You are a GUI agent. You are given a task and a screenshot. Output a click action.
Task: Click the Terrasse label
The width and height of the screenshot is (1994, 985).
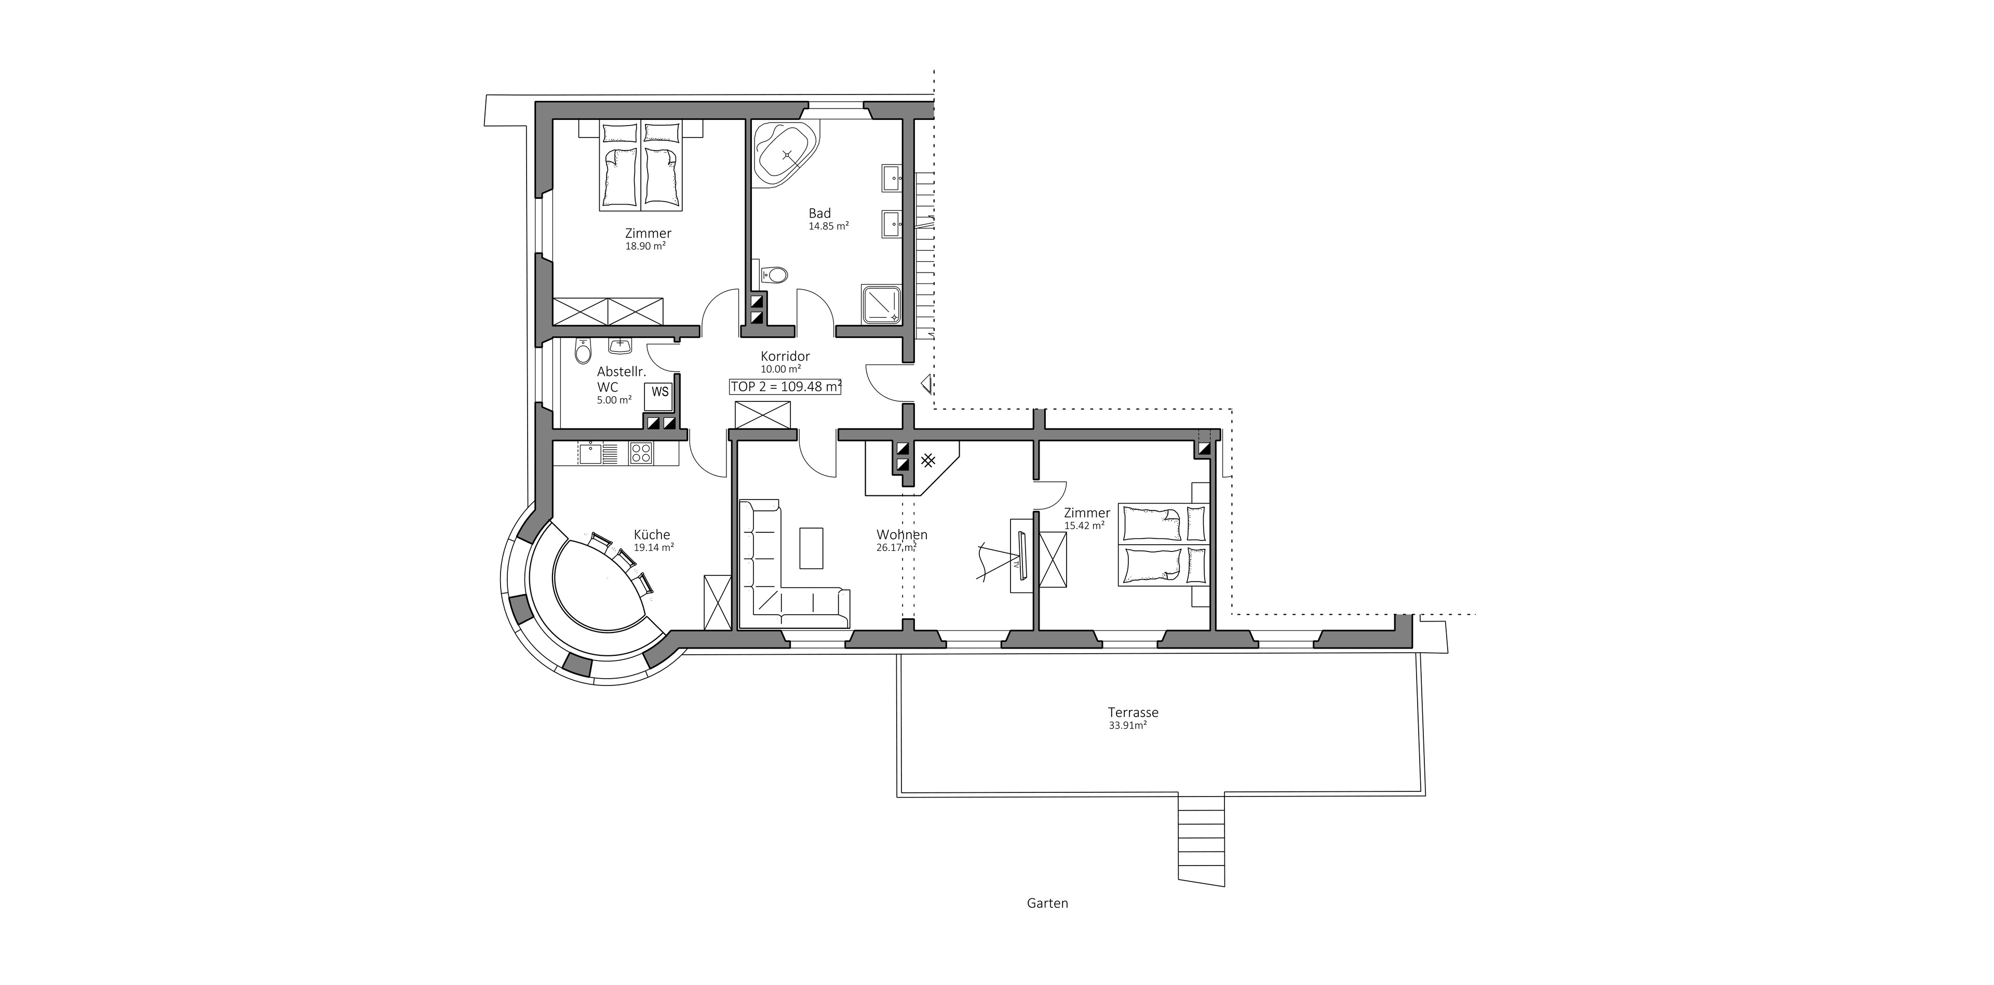1133,712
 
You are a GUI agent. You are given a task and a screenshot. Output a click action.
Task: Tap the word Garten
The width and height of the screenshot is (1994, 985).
1047,903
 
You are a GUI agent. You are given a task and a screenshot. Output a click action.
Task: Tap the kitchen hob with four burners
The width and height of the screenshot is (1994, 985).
640,453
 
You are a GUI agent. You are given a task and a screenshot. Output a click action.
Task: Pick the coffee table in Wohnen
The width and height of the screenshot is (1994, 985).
811,547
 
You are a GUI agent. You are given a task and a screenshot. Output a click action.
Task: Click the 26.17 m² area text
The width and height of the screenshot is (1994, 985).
896,547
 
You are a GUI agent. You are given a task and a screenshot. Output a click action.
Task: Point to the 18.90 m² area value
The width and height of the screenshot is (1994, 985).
645,246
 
